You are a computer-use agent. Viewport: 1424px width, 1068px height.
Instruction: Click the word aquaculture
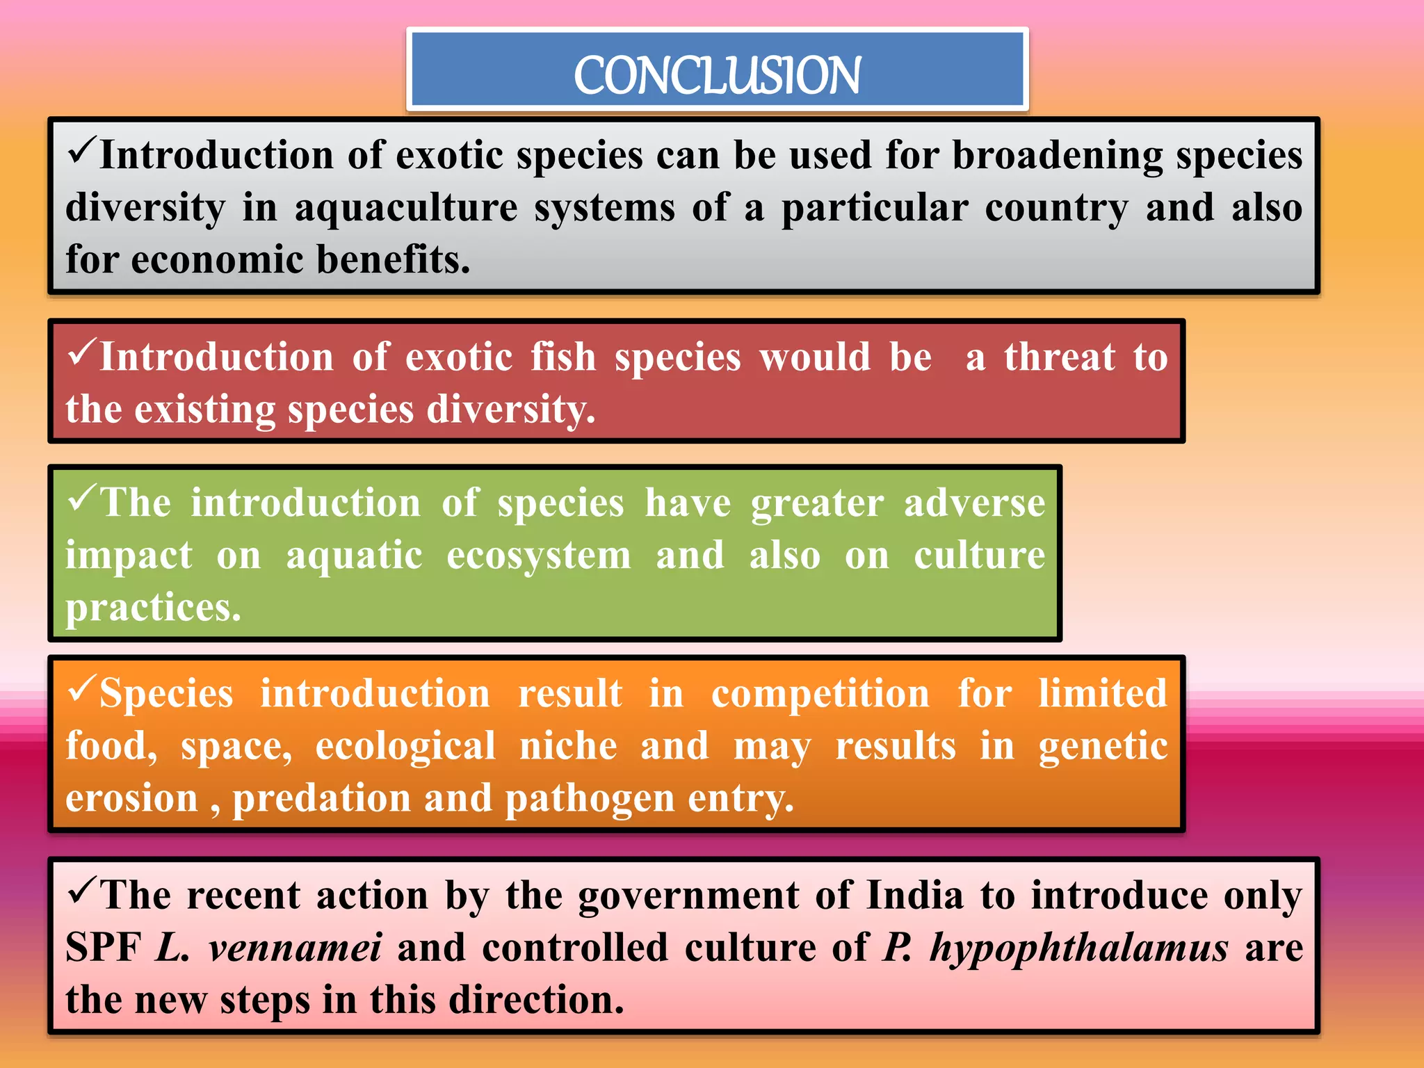click(406, 209)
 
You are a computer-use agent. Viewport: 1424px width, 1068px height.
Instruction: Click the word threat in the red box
click(1060, 357)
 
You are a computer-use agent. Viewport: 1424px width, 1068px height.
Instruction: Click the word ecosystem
click(539, 556)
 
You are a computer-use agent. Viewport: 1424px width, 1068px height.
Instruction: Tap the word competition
click(820, 694)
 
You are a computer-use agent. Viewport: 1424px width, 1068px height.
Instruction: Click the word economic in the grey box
click(218, 260)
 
